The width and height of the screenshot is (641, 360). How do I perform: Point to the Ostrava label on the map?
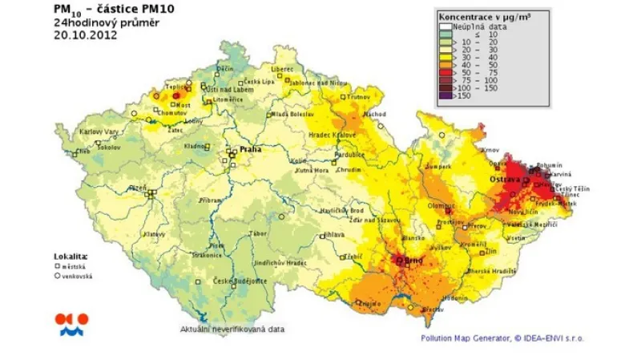[505, 180]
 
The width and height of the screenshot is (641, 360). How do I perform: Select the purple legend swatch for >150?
[446, 95]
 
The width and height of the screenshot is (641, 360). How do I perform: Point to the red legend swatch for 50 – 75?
[446, 71]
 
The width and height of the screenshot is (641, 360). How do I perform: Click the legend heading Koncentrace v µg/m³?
[491, 15]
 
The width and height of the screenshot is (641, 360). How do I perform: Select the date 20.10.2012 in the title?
[79, 34]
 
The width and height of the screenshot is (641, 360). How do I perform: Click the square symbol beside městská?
[58, 265]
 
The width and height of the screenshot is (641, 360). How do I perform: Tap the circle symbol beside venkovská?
[58, 274]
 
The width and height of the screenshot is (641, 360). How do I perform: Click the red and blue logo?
[71, 323]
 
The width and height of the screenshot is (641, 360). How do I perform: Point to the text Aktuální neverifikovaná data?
[232, 329]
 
